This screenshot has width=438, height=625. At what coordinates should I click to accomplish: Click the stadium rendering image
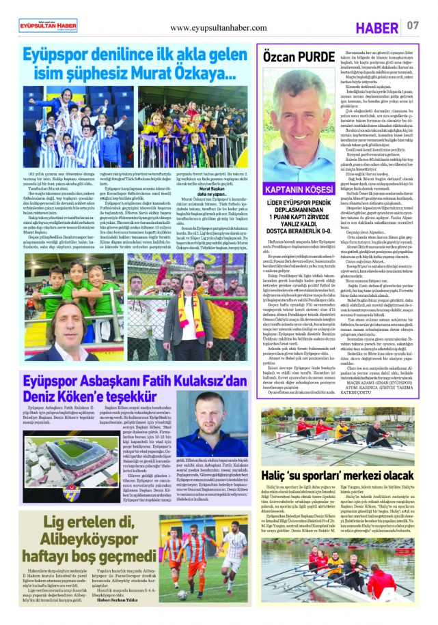pyautogui.click(x=70, y=454)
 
